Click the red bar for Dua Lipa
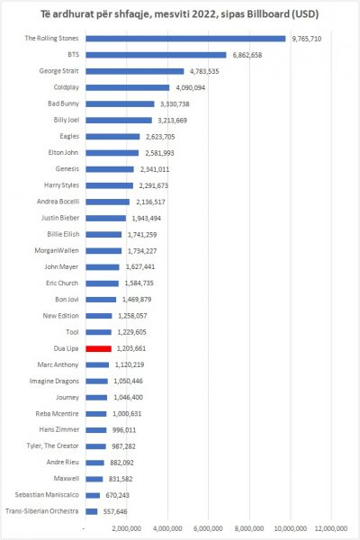click(x=98, y=349)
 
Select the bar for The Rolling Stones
click(x=185, y=39)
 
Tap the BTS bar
click(x=156, y=55)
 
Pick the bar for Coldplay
click(x=128, y=88)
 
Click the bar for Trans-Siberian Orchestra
click(x=92, y=512)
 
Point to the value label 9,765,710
click(x=307, y=39)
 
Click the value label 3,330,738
click(x=175, y=104)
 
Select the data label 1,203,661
click(x=131, y=348)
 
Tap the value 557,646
click(x=115, y=512)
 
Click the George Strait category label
click(x=58, y=71)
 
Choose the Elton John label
click(x=63, y=153)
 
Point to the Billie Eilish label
click(x=63, y=234)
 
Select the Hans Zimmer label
click(x=58, y=429)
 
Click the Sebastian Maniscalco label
click(x=47, y=495)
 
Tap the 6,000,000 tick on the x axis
click(x=208, y=528)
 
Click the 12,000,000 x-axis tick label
click(x=331, y=528)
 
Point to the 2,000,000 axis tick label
click(x=126, y=528)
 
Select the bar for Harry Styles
click(x=110, y=185)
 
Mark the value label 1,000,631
click(x=127, y=414)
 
